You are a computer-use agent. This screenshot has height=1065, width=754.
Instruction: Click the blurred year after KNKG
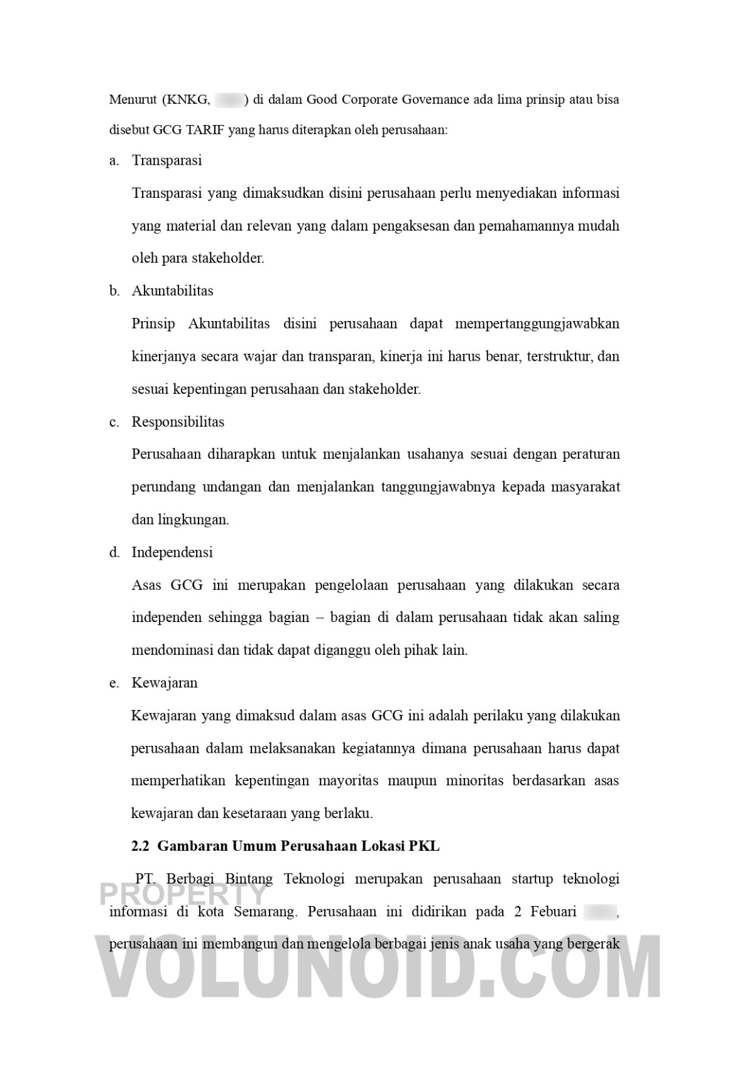pos(229,100)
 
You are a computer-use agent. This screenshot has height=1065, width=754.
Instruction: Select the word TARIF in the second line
pos(204,131)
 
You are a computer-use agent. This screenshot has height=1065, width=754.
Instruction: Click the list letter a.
pos(113,161)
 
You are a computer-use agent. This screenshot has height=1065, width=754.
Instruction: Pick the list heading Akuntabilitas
pos(172,291)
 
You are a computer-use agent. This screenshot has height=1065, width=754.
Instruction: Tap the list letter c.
pos(113,422)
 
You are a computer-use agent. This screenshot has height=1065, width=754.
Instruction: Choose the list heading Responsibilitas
pos(178,422)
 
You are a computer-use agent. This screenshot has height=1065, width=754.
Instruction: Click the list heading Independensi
pos(172,552)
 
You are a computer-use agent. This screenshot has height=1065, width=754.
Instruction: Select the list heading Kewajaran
pos(165,683)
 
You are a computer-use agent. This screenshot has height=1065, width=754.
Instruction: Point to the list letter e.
pos(113,684)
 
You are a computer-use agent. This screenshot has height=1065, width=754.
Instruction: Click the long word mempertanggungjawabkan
pos(537,324)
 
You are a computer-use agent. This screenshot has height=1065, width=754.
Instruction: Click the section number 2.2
pos(140,846)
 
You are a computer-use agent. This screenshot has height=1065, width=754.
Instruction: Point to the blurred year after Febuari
pos(599,911)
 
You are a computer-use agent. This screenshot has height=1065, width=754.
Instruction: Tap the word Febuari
pos(553,912)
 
